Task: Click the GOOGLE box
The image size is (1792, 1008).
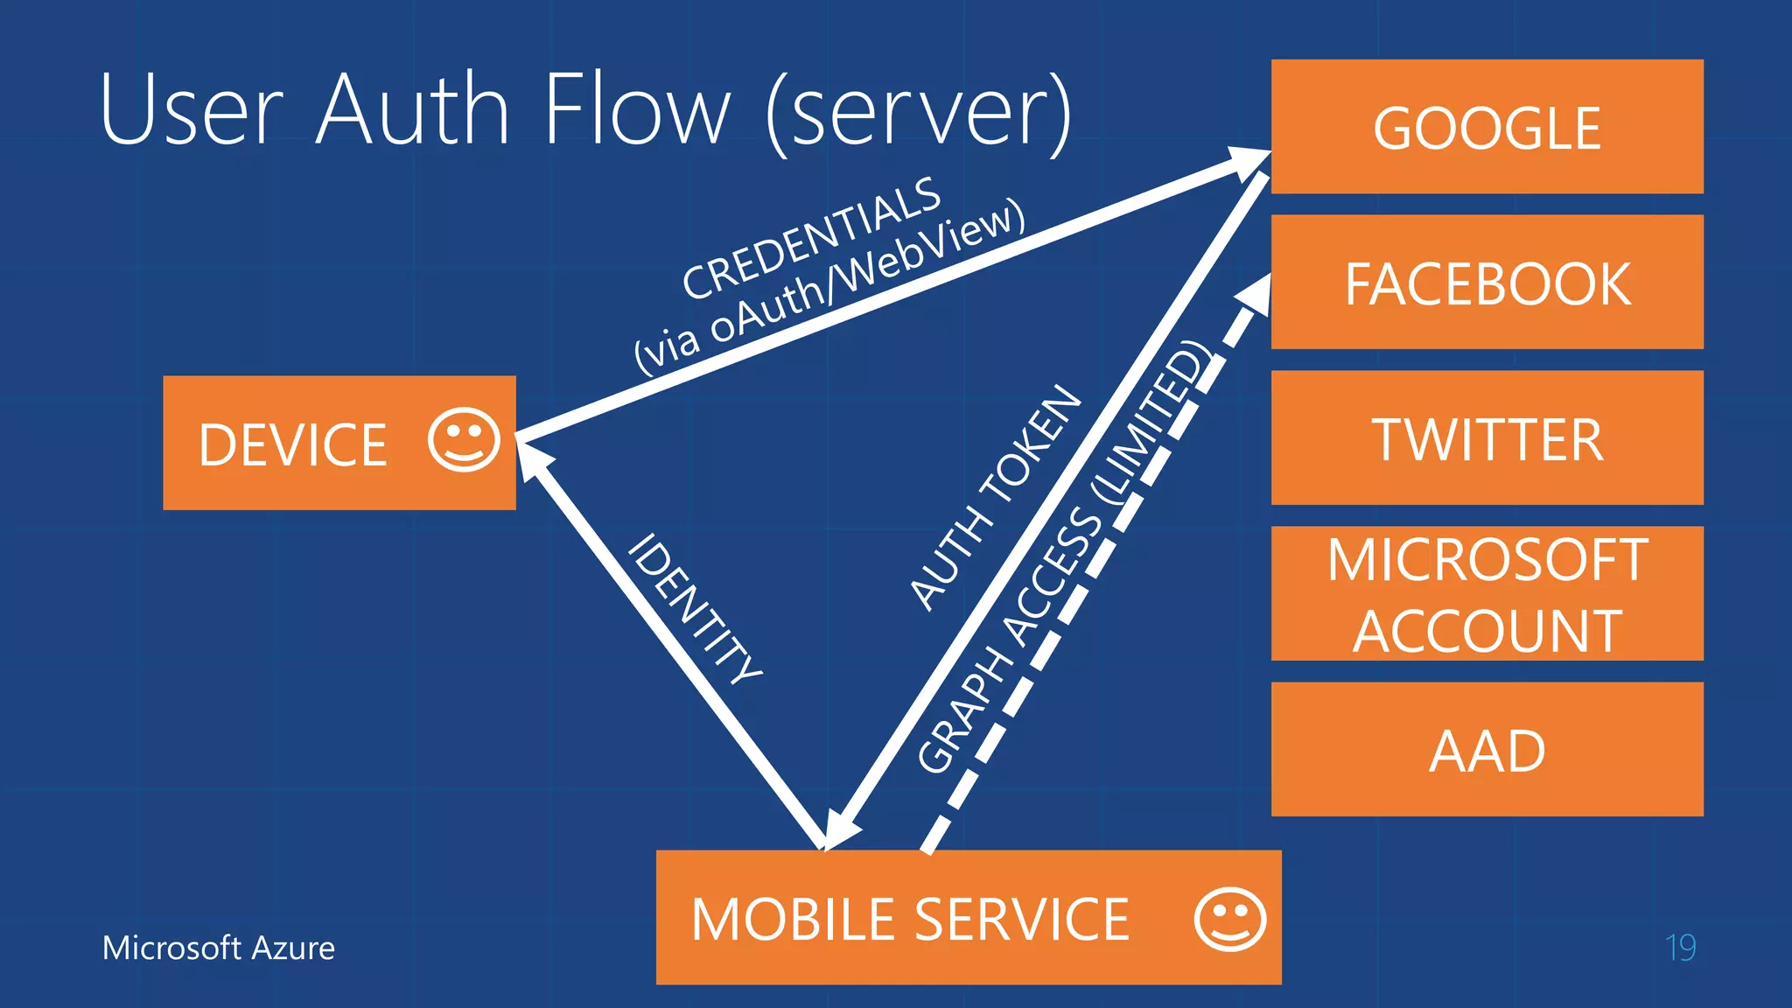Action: pos(1487,127)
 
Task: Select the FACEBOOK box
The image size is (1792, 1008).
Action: pos(1487,283)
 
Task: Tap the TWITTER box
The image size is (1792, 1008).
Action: pos(1487,438)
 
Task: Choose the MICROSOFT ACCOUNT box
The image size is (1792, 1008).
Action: pos(1487,594)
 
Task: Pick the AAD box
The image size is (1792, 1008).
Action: pos(1487,750)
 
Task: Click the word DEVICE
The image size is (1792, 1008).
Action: pos(292,444)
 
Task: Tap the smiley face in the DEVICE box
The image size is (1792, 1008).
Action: pos(464,439)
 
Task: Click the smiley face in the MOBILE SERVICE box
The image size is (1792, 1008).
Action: pos(1229,919)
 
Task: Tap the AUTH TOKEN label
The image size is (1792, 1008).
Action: pos(996,497)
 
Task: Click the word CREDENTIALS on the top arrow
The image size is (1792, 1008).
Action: pos(811,237)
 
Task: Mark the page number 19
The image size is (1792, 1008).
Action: pos(1680,948)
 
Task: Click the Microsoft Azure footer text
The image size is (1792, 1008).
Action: pos(219,948)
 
